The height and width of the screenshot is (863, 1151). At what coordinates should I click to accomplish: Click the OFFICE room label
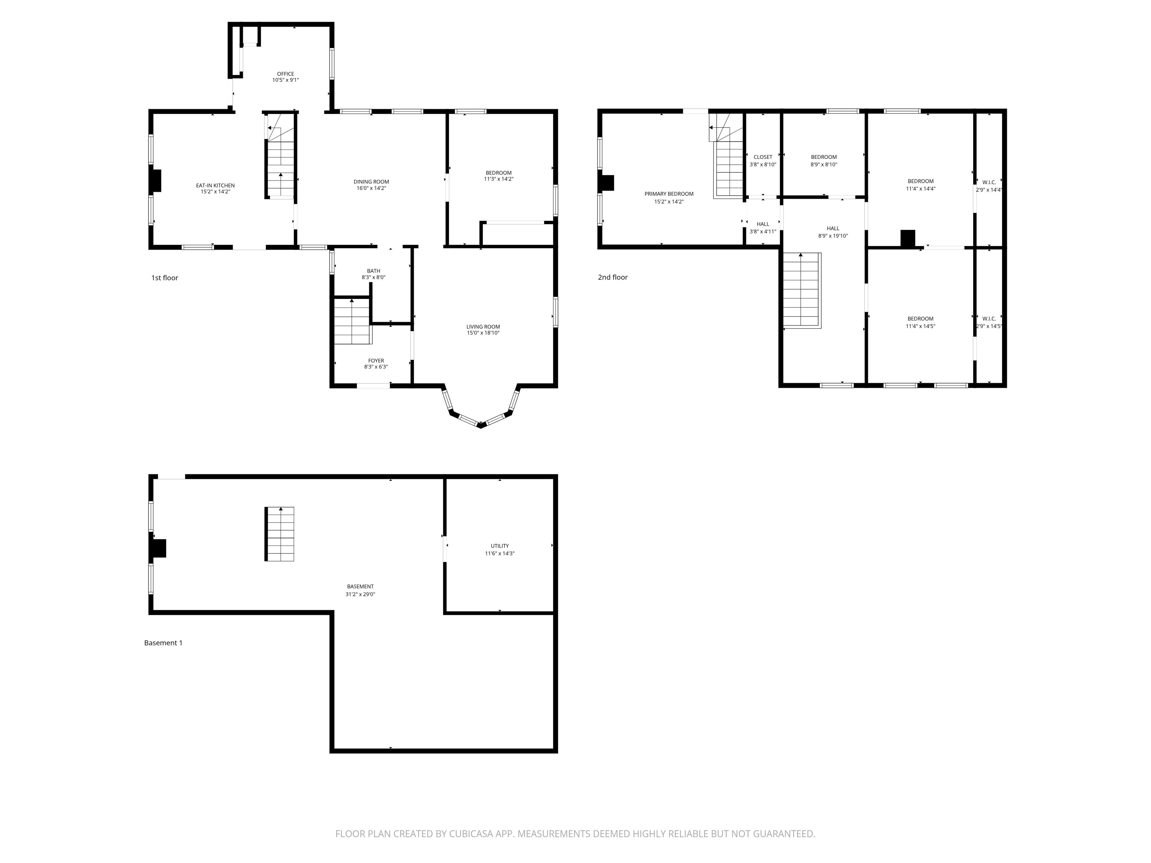tap(285, 74)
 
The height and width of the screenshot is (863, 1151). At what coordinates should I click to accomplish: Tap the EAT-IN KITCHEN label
tap(215, 185)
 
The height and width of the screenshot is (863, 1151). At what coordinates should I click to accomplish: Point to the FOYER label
tap(376, 360)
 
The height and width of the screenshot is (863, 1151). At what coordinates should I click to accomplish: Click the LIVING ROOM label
tap(483, 327)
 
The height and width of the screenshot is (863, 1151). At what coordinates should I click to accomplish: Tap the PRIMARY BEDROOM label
tap(669, 194)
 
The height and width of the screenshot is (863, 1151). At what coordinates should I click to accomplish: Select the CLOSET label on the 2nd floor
tap(763, 157)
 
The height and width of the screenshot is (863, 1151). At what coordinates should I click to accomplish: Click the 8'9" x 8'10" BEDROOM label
tap(824, 157)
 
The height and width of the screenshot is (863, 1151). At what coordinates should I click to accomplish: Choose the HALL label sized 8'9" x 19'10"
tap(833, 228)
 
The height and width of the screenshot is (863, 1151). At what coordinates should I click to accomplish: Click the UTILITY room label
tap(499, 546)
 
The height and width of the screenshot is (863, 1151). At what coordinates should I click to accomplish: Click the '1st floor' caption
tap(164, 278)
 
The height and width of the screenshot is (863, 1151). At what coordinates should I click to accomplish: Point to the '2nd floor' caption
tap(613, 277)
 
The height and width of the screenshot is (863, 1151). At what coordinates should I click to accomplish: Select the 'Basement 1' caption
tap(163, 643)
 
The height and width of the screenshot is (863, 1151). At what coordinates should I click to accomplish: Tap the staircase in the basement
tap(280, 534)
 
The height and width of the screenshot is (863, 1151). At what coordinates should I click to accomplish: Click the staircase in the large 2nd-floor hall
tap(802, 290)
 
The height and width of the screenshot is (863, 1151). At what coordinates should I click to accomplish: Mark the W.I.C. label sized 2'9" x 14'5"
tap(989, 319)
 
